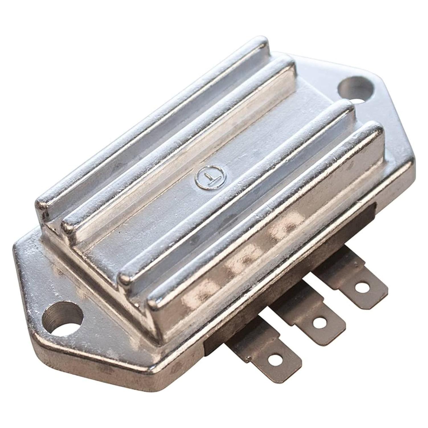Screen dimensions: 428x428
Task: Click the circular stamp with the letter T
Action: tap(210, 179)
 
